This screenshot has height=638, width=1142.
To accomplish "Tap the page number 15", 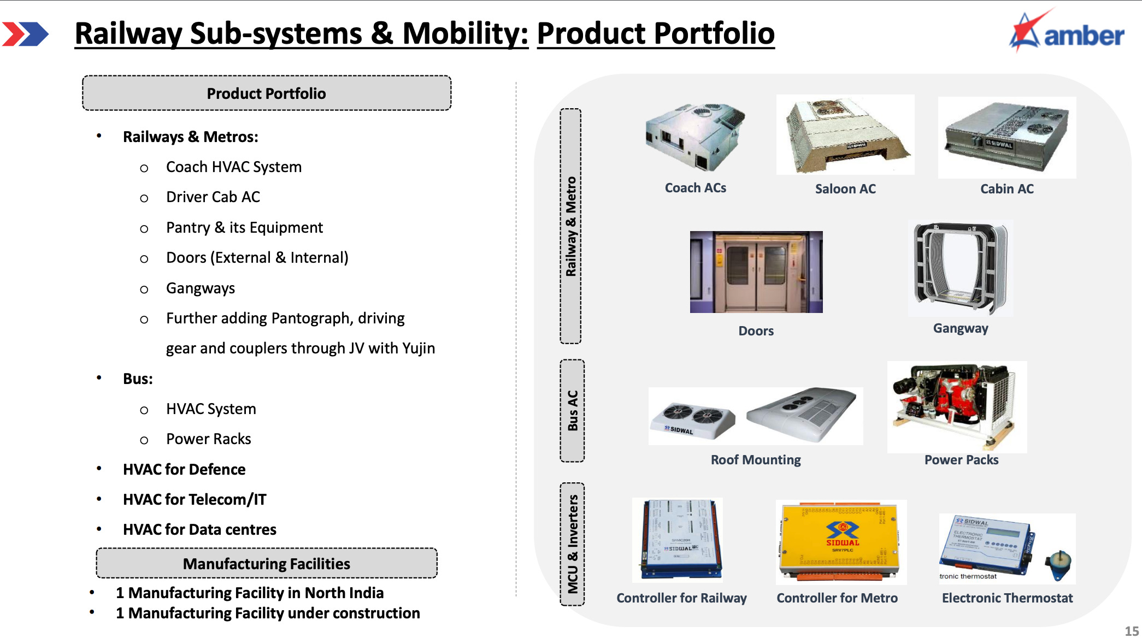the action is (x=1132, y=630).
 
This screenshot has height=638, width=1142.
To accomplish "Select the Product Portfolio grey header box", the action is (x=267, y=93).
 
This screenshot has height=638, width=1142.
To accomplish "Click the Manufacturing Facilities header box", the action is (x=267, y=563).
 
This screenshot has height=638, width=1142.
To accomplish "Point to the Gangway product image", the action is (x=960, y=268).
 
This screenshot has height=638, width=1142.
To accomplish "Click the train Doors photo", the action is (x=756, y=272).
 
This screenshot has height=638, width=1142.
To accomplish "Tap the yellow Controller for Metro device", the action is (x=841, y=542).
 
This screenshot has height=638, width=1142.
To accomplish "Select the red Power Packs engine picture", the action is (x=957, y=406).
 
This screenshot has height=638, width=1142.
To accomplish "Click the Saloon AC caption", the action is (x=845, y=189).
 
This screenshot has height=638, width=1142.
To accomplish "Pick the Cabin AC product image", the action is (x=1007, y=138).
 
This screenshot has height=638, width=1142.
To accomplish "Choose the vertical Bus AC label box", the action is (x=572, y=411).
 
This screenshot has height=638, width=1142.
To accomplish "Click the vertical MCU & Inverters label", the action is (x=572, y=544).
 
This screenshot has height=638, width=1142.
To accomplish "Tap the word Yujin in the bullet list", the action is (x=418, y=348).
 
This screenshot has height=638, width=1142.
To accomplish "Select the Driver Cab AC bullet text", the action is (x=213, y=197).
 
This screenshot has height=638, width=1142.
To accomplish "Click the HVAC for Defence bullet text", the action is (x=184, y=469).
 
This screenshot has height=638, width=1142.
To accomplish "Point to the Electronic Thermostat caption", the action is (x=1007, y=598).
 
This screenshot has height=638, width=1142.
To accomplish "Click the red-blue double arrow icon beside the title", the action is (x=25, y=34).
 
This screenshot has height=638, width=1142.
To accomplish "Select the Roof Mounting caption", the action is (x=756, y=460).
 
